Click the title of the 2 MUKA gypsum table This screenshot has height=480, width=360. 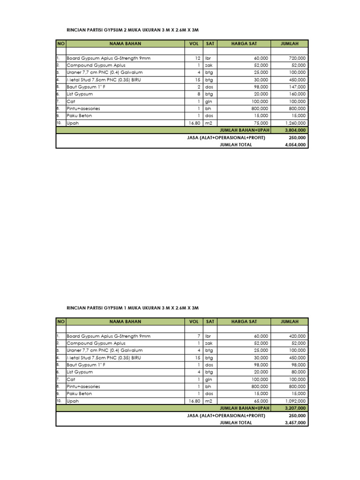pos(134,30)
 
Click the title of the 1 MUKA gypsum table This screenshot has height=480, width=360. pos(134,308)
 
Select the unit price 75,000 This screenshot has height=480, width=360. pos(259,123)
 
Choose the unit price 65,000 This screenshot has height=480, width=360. pos(259,401)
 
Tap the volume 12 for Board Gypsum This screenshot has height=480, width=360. pos(198,58)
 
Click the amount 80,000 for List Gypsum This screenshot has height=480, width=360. pos(298,372)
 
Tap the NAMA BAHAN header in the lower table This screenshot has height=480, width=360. pos(125,322)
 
